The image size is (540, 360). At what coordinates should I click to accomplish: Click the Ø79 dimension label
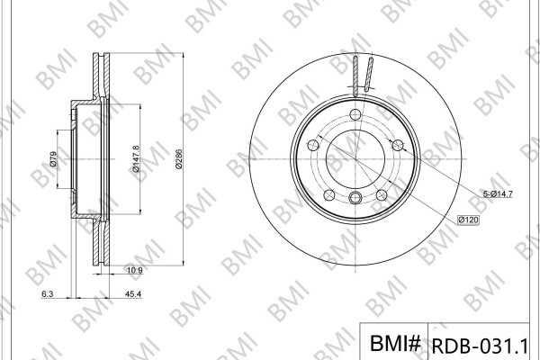tap(53, 159)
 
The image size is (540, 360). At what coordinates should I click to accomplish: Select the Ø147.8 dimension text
tap(135, 158)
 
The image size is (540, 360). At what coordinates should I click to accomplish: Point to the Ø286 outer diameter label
tap(178, 158)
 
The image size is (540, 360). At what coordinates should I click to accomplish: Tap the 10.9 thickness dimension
tap(135, 270)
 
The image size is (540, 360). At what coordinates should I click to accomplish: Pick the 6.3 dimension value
tap(47, 294)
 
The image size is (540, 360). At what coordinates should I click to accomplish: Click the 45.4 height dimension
tap(133, 294)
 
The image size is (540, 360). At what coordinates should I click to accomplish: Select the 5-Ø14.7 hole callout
tap(498, 194)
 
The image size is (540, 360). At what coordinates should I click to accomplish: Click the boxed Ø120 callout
tap(468, 220)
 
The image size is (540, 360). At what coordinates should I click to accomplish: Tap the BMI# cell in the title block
tap(395, 343)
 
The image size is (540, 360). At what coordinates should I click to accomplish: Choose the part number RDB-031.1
tap(480, 346)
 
